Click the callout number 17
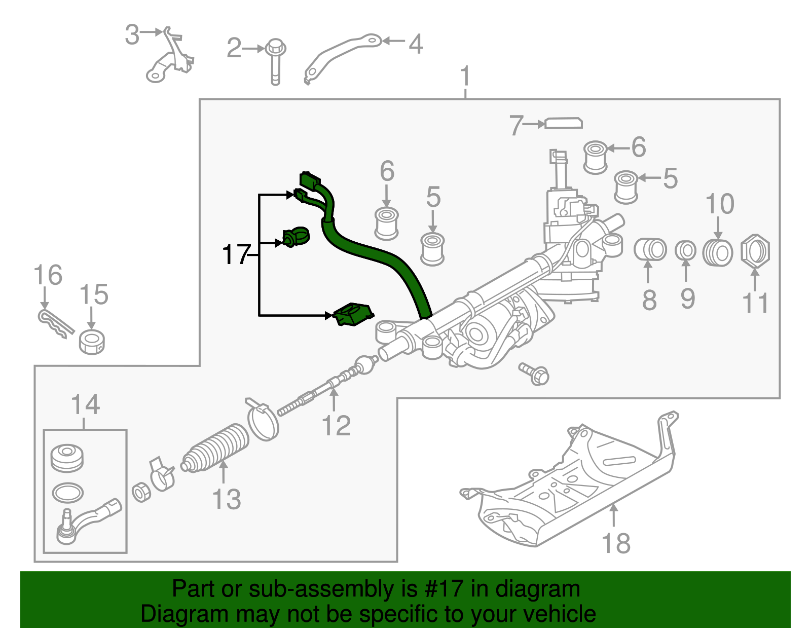coord(236,254)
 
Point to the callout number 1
coord(465,77)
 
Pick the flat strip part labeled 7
coord(563,123)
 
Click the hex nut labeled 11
coord(755,250)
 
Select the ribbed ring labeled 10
coord(717,252)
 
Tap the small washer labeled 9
coord(686,250)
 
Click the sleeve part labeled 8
coord(650,249)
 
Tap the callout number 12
coord(336,426)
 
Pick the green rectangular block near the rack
coord(353,315)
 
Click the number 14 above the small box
coord(85,405)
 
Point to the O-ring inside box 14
coord(67,491)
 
